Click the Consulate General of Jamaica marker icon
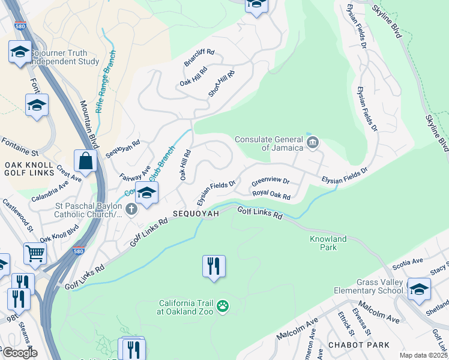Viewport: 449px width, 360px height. click(312, 142)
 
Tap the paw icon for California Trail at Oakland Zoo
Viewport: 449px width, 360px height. click(223, 307)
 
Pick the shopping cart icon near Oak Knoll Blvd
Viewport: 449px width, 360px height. click(35, 254)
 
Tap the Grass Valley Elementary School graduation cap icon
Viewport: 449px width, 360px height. click(418, 289)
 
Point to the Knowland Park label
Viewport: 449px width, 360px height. click(328, 243)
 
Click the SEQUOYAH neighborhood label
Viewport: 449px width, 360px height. click(193, 214)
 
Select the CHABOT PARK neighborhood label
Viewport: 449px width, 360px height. click(358, 345)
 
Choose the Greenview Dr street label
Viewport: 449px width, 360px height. click(270, 181)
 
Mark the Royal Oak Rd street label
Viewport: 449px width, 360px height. click(271, 195)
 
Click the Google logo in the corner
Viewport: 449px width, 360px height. click(19, 353)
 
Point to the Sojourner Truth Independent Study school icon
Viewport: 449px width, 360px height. click(20, 52)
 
